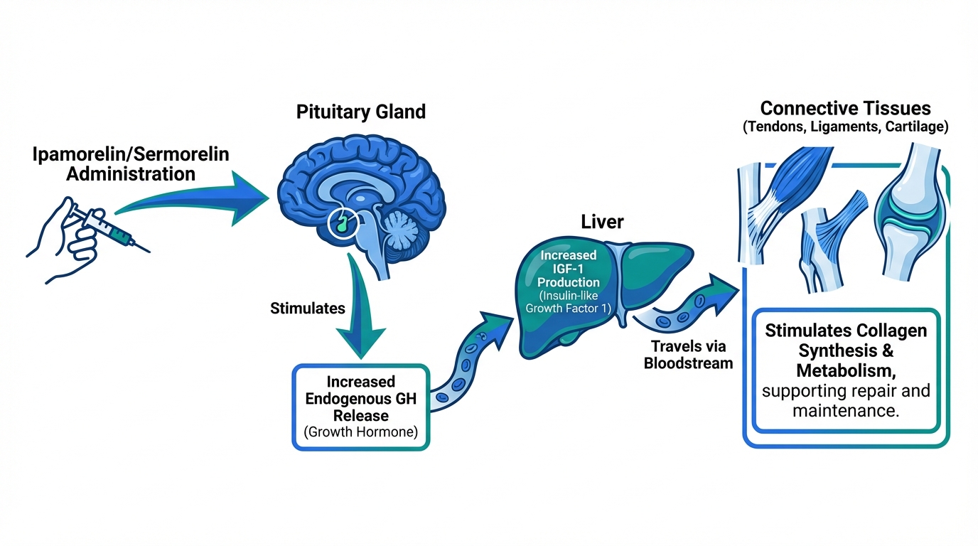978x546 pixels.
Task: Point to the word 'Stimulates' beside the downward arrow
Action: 308,309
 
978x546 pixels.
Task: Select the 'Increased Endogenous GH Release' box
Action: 361,406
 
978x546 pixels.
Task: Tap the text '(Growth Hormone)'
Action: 360,432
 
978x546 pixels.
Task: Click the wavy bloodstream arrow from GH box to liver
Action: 469,355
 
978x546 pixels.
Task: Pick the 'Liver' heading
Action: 602,222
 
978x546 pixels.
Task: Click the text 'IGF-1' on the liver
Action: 564,269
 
